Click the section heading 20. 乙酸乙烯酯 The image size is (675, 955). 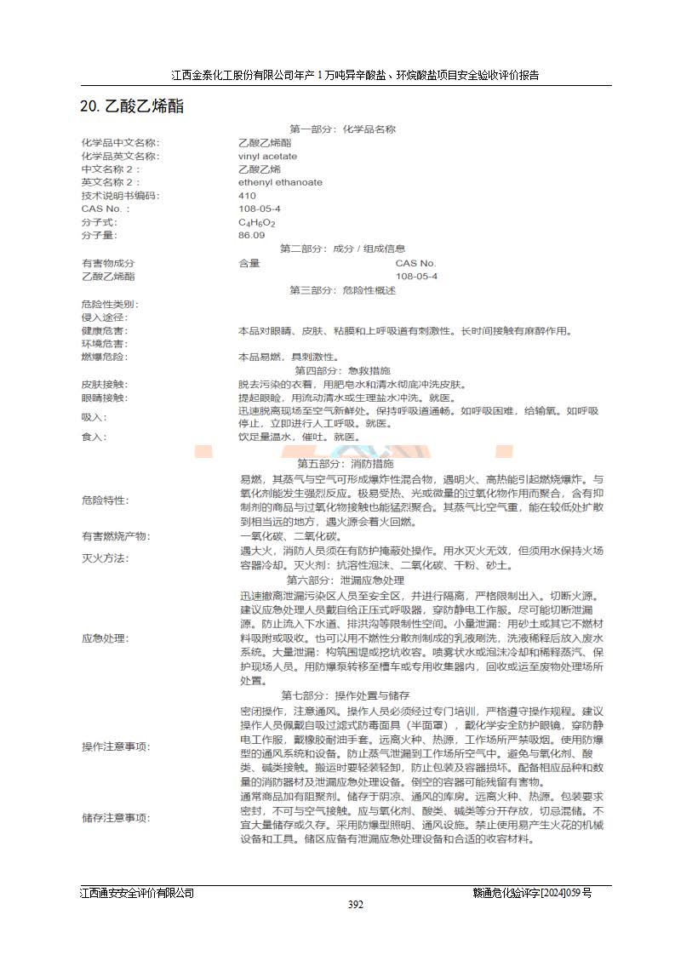[132, 106]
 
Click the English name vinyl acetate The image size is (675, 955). [267, 156]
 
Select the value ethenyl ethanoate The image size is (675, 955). [280, 182]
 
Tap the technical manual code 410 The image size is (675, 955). [247, 195]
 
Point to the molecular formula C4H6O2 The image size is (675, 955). [256, 222]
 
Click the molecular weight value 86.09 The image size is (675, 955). [251, 235]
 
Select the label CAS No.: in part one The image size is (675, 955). [106, 209]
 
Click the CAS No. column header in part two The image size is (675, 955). [415, 263]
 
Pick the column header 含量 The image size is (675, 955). [249, 263]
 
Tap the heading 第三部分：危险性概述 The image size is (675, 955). [342, 290]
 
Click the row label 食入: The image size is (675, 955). [94, 437]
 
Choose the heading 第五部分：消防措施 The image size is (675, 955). [345, 464]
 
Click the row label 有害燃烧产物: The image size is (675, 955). [115, 536]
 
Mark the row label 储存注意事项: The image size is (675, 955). [115, 818]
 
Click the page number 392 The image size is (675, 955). [356, 904]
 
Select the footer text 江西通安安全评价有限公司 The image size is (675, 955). [137, 893]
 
